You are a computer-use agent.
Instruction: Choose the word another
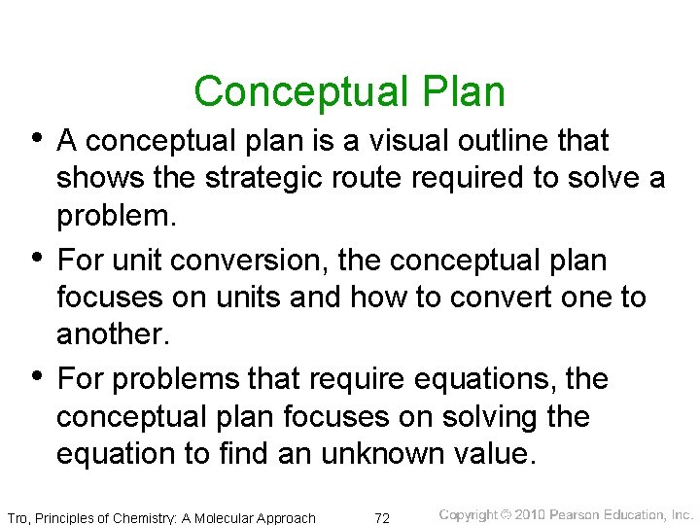point(111,334)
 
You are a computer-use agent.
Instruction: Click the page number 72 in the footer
point(382,517)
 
